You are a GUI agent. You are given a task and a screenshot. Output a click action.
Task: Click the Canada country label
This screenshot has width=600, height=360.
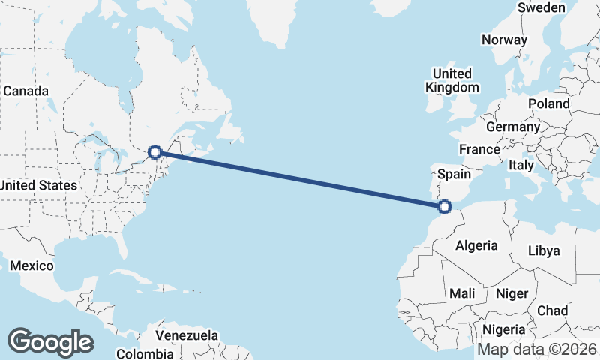25,91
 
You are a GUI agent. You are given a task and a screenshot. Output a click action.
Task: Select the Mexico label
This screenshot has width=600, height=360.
31,265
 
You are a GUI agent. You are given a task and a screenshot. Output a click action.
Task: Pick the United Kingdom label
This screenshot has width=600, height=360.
452,80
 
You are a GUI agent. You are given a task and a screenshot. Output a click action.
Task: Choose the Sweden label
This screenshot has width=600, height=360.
541,7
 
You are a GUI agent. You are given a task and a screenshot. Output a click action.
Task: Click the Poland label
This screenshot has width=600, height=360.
548,103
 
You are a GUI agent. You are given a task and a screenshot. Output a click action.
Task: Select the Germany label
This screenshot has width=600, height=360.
513,127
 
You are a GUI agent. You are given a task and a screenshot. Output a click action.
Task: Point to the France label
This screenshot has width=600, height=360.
479,149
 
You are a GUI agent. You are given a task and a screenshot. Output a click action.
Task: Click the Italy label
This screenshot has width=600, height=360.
520,165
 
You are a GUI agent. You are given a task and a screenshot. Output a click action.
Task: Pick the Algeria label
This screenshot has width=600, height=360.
476,245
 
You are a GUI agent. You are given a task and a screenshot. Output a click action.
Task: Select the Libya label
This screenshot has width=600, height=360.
544,250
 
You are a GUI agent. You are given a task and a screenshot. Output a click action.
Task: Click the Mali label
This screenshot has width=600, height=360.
461,293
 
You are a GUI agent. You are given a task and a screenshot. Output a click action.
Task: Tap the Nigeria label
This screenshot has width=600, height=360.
503,328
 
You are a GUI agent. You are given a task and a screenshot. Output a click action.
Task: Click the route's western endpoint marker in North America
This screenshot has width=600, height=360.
155,151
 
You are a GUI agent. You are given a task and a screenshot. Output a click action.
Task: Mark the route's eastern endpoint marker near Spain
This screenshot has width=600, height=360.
445,206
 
